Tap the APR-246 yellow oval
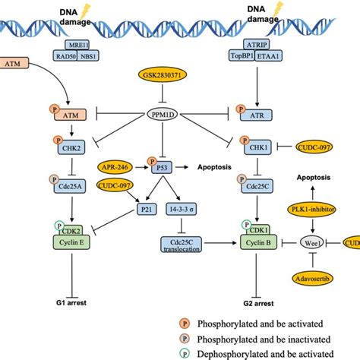click(115, 164)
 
